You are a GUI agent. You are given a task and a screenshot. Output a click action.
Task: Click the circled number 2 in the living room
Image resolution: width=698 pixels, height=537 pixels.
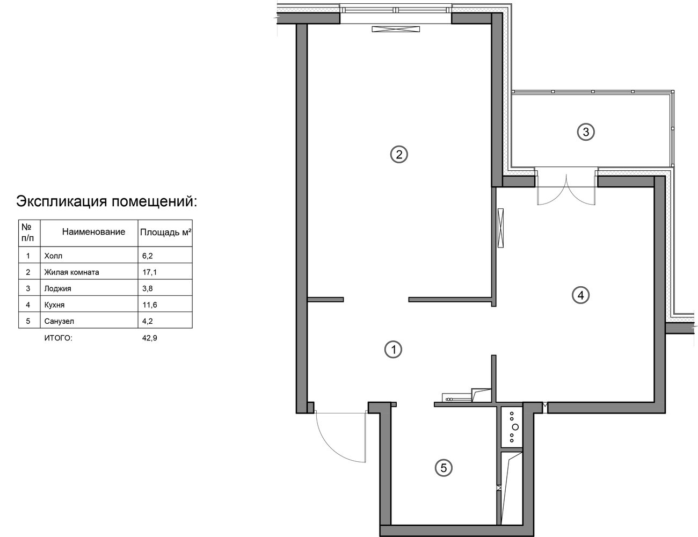click(x=399, y=155)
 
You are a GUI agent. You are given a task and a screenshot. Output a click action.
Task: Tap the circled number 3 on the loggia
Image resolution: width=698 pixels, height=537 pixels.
click(x=586, y=132)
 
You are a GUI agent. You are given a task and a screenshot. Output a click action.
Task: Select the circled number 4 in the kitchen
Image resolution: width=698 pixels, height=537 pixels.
click(x=581, y=295)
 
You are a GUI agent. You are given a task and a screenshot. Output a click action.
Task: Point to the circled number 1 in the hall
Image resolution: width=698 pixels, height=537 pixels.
click(x=393, y=349)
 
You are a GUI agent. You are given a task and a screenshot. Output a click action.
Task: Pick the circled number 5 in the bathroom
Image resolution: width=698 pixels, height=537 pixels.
click(x=443, y=468)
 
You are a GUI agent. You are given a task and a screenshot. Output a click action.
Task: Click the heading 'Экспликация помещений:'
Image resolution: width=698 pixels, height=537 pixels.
click(x=107, y=201)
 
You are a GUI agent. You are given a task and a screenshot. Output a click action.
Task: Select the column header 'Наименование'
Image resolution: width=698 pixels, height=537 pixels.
click(x=93, y=231)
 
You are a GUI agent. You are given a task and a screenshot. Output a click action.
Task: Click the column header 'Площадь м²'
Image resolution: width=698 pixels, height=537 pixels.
click(x=166, y=232)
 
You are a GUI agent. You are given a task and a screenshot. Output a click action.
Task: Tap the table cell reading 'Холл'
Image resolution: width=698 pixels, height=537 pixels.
click(x=53, y=256)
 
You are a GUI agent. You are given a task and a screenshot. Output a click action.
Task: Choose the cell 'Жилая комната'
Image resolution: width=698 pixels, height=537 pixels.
click(x=71, y=272)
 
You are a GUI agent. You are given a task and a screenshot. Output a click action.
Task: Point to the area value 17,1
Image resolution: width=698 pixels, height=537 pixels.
click(x=150, y=272)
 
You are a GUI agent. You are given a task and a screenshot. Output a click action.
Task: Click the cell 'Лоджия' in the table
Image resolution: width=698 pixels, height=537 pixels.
click(x=58, y=288)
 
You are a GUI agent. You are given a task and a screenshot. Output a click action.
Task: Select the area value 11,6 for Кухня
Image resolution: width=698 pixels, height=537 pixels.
click(x=150, y=305)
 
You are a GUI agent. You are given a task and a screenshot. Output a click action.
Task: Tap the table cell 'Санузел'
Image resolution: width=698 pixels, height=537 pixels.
click(x=59, y=321)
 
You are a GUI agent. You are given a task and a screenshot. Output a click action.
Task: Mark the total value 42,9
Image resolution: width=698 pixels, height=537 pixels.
click(x=150, y=338)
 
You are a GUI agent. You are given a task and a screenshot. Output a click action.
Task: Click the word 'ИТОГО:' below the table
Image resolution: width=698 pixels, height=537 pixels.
click(x=59, y=338)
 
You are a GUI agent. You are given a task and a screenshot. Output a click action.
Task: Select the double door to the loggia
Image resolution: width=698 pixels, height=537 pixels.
click(x=566, y=190)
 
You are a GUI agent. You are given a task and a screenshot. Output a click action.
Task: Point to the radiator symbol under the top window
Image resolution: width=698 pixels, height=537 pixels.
click(x=396, y=29)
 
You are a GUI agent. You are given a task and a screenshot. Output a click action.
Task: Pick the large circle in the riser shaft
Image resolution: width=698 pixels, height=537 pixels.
click(x=515, y=427)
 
